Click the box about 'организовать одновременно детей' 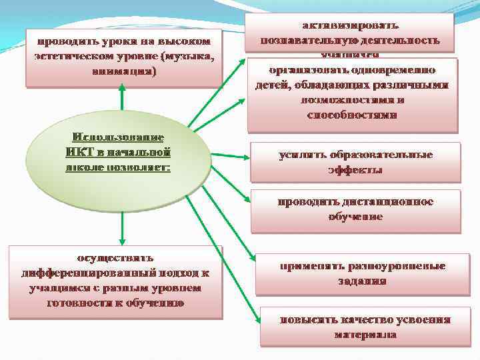(x=352, y=93)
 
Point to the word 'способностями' (x=352, y=114)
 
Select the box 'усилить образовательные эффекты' (x=355, y=162)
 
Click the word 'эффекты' (x=355, y=169)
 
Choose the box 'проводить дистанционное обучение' (x=355, y=210)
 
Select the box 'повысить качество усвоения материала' (x=365, y=327)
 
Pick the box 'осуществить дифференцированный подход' (x=115, y=281)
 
